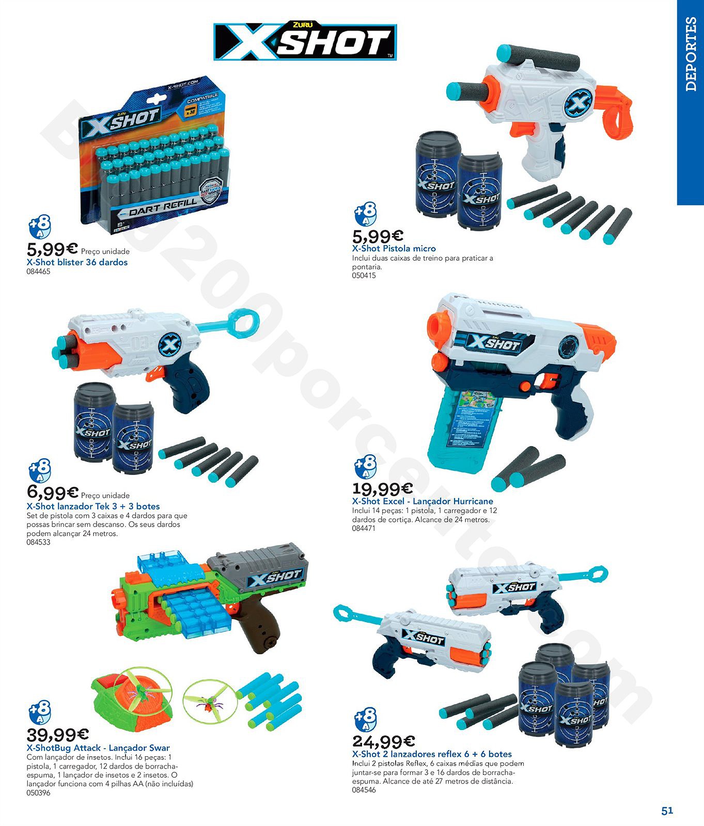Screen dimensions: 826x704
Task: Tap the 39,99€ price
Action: pos(57,734)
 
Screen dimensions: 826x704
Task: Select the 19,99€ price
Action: pos(382,488)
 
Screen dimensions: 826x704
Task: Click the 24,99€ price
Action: pos(383,741)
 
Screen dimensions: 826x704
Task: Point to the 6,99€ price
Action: pos(52,493)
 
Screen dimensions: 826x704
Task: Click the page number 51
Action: pos(667,811)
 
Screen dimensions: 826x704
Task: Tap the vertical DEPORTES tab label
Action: pos(691,54)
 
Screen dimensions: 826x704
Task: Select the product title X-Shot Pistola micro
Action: pos(394,248)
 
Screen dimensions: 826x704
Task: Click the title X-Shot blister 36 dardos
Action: pos(77,262)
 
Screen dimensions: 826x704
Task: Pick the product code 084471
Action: pos(364,529)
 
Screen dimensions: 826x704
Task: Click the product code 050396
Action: pos(38,793)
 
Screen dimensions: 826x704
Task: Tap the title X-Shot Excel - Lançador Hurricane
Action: pos(423,501)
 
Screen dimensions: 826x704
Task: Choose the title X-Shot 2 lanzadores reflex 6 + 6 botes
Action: pos(432,754)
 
